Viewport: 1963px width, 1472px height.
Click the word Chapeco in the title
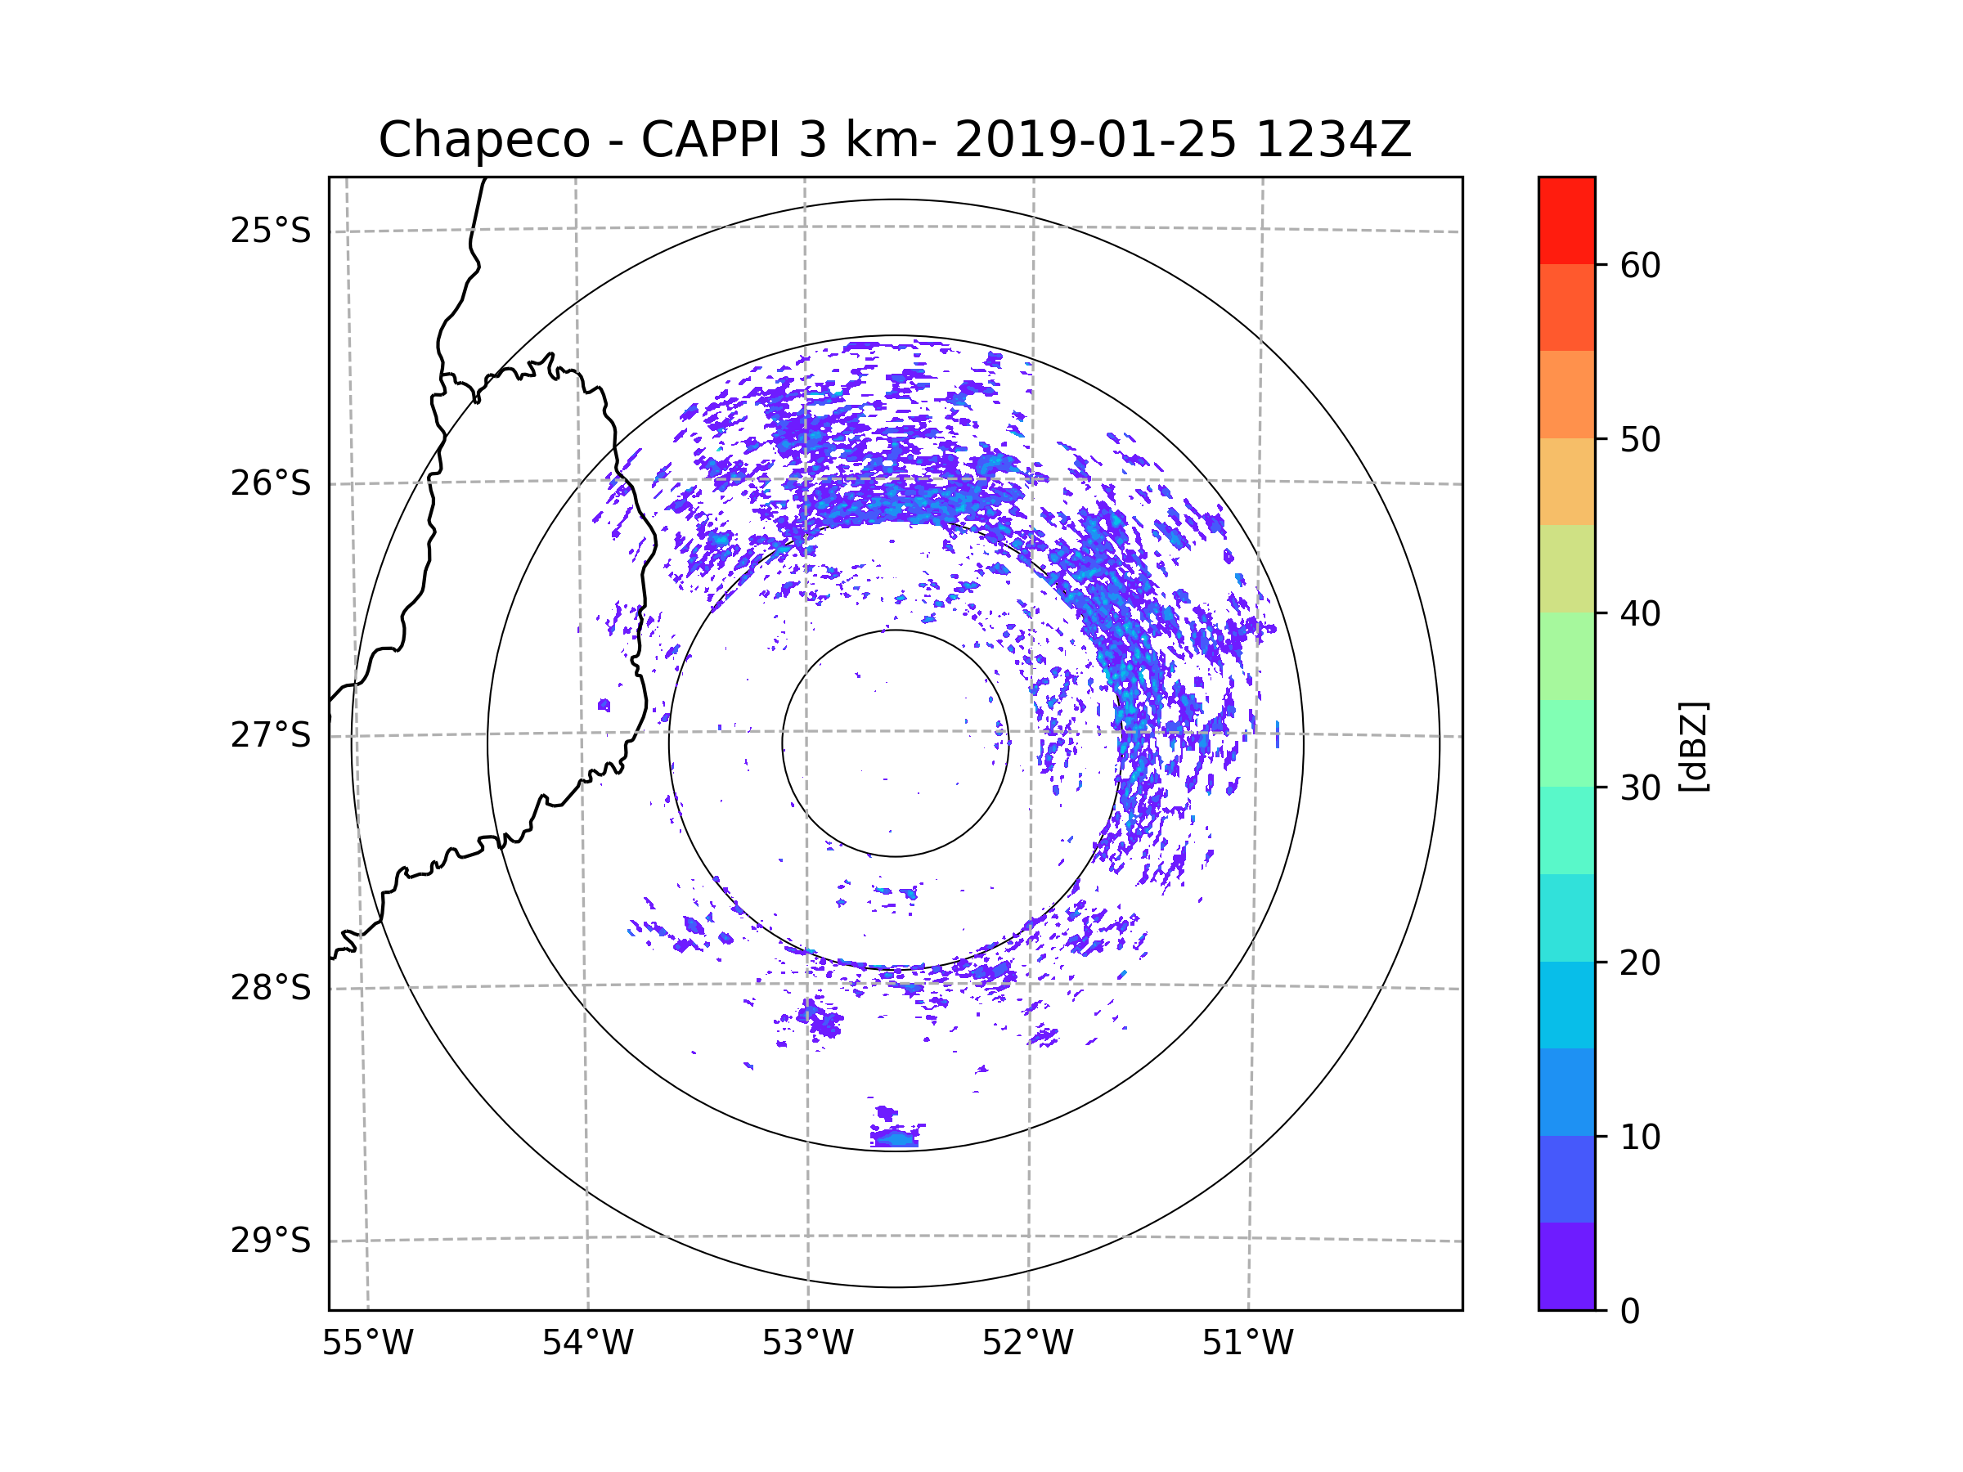(483, 140)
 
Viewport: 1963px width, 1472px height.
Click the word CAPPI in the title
(710, 140)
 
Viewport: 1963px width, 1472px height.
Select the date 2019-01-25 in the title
(1095, 140)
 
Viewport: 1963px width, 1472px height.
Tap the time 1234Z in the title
(1333, 140)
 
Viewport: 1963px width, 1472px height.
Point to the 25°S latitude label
(271, 231)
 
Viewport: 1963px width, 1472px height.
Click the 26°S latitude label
(271, 483)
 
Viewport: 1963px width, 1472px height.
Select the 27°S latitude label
(271, 735)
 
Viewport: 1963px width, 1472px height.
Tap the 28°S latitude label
(271, 988)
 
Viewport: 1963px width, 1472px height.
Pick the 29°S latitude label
(271, 1241)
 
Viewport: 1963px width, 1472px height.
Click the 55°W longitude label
(367, 1344)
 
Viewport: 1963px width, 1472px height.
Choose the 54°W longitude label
(587, 1344)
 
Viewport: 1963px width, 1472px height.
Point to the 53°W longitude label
(807, 1344)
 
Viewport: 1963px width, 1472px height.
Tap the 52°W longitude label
(1027, 1344)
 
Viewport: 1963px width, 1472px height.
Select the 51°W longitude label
(1247, 1344)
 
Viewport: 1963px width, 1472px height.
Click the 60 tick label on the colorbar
(1640, 265)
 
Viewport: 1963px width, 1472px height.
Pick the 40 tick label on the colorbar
(1640, 614)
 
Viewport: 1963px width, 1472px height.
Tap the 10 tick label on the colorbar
(1640, 1137)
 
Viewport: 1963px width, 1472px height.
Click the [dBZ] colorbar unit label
(1693, 746)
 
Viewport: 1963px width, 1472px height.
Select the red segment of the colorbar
(1566, 220)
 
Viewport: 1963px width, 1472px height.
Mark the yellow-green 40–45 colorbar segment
(1566, 568)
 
